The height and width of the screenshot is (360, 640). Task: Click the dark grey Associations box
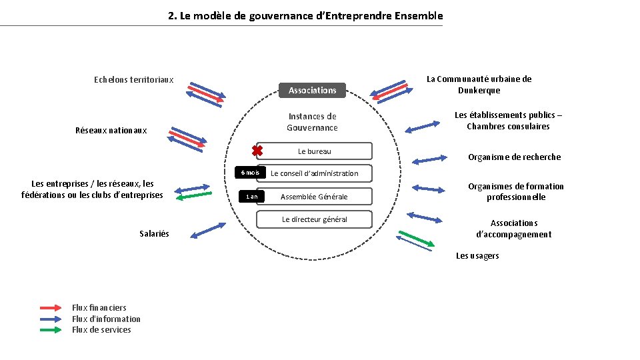coord(312,90)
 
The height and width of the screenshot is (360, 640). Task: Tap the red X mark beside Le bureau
coord(257,151)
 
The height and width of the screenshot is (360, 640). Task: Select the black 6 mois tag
coord(250,173)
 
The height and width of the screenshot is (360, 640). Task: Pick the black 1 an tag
coord(251,197)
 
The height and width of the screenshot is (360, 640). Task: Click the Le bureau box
coord(314,151)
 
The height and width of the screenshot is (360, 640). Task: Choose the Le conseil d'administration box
coord(314,173)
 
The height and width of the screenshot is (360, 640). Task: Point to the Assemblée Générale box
coord(314,197)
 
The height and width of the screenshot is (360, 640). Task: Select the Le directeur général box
coord(314,219)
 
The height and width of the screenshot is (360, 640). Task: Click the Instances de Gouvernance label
coord(312,122)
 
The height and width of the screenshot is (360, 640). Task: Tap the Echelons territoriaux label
coord(133,80)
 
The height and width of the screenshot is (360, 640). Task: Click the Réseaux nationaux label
coord(111,131)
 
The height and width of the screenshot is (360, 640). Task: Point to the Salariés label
coord(154,233)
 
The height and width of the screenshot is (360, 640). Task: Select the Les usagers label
coord(477,256)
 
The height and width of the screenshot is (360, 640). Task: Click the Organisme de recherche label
coord(514,157)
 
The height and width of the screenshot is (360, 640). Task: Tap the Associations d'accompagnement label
coord(513,229)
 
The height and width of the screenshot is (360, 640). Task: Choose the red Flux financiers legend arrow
coord(51,308)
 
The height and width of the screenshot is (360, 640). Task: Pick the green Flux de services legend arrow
coord(51,330)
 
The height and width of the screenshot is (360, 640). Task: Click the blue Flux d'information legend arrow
coord(51,319)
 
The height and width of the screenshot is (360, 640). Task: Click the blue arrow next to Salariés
coord(207,231)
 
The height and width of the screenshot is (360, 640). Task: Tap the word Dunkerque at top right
coord(479,91)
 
